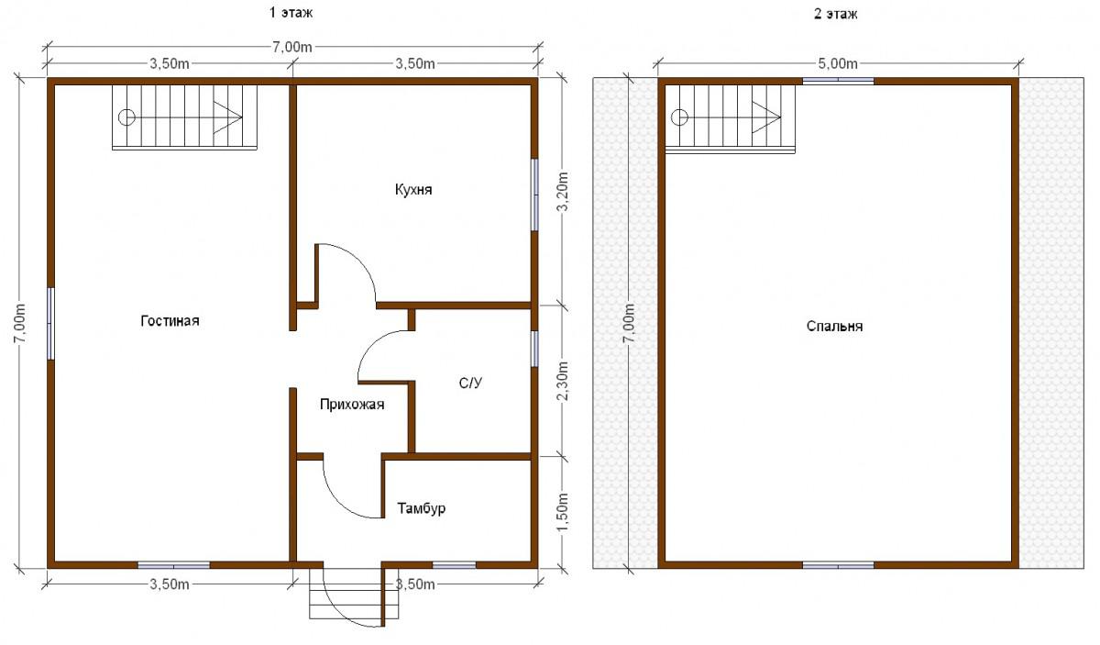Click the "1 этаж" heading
click(x=291, y=13)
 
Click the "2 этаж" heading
click(x=835, y=14)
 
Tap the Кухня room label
click(x=413, y=190)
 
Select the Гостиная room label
click(x=170, y=321)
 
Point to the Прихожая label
click(x=352, y=405)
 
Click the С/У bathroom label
click(x=470, y=383)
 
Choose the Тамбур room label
click(x=422, y=508)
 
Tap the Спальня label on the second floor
click(x=834, y=327)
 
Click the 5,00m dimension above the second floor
click(x=837, y=64)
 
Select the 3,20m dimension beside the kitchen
click(x=563, y=191)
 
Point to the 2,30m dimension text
click(x=563, y=381)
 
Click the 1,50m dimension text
click(x=563, y=512)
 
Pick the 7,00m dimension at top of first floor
click(x=291, y=47)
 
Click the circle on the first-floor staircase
click(x=126, y=117)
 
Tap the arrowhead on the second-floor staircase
click(x=766, y=117)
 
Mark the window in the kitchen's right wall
click(x=534, y=195)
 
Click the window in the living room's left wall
click(x=50, y=324)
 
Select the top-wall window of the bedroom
click(x=838, y=81)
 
